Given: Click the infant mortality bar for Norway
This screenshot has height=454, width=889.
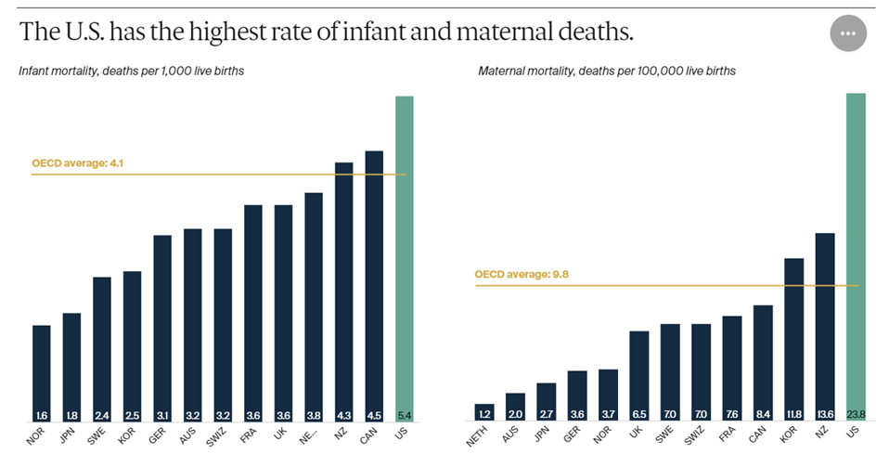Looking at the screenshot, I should [x=42, y=371].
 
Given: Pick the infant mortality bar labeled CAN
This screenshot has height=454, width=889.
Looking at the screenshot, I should [x=374, y=279].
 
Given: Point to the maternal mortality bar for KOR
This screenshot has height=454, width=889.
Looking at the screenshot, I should [x=793, y=334].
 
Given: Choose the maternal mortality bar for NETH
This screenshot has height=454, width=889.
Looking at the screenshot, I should [x=484, y=411].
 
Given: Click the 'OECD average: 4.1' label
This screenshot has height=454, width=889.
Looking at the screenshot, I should [x=78, y=164].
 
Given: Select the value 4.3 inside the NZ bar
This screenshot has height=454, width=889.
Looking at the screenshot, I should [x=343, y=415].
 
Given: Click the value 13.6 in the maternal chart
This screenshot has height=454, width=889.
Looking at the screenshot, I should [x=824, y=415].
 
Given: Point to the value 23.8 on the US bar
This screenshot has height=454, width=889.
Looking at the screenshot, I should [x=856, y=415].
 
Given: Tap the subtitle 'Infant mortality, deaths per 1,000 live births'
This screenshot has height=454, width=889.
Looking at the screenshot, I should [x=132, y=71].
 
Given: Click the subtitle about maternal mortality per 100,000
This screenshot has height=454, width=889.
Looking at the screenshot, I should [x=607, y=71].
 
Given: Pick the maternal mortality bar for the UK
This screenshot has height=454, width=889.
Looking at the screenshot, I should [x=638, y=371].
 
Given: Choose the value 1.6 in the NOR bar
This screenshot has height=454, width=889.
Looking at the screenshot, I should [x=42, y=415].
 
